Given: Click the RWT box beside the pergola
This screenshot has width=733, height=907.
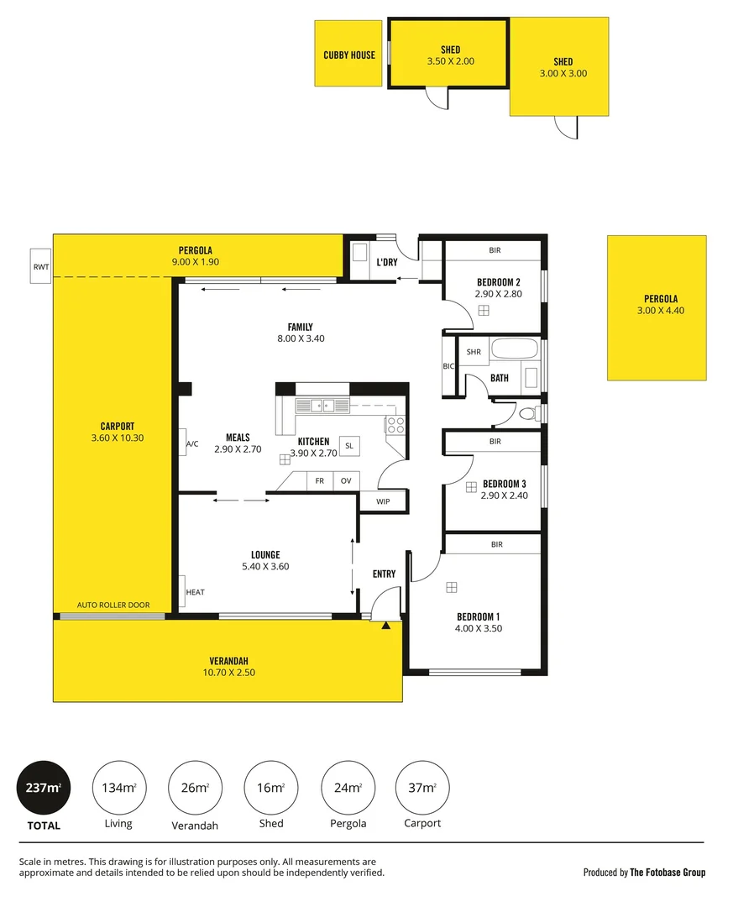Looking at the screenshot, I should point(40,266).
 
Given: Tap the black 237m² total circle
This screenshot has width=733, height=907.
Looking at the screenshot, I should point(44,788).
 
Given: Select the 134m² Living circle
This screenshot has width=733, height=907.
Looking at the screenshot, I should point(118,788).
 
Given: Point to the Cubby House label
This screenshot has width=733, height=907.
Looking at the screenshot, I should point(349,55).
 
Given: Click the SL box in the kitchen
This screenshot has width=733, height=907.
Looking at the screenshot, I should point(349,446).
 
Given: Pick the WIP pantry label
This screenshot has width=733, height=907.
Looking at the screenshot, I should point(383,501).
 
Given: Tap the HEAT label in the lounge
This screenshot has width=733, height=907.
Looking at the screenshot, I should point(195,592).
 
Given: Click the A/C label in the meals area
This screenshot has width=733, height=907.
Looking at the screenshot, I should point(192,443).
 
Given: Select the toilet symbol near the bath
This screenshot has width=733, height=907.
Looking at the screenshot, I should point(527,413).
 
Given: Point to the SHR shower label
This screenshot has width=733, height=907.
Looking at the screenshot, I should point(474,352).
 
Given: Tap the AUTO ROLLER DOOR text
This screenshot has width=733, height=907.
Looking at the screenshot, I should point(113,605).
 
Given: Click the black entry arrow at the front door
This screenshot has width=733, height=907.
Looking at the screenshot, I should point(385,626).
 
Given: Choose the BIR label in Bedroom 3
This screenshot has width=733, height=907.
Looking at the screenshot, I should point(495,441).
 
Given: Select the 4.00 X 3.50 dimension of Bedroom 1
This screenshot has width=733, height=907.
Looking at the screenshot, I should point(479,628).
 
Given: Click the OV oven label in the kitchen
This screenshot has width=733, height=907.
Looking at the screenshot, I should point(345,481).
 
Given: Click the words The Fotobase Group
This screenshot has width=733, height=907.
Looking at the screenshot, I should point(668,873).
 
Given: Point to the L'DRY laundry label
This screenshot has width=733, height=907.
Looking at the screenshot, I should point(387,262).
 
